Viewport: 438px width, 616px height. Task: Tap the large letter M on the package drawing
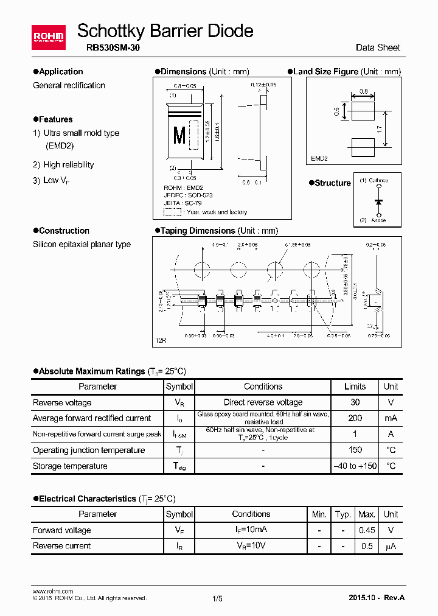click(x=179, y=135)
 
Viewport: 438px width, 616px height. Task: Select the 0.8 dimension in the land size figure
click(x=364, y=91)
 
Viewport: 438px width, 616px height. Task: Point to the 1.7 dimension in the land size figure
click(x=380, y=130)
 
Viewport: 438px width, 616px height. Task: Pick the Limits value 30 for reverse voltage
click(x=355, y=402)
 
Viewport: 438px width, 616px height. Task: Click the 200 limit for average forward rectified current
click(x=355, y=418)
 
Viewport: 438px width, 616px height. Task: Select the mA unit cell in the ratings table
click(x=391, y=418)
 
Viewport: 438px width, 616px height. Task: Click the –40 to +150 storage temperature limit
click(x=355, y=466)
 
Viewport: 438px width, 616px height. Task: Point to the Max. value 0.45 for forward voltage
click(x=367, y=530)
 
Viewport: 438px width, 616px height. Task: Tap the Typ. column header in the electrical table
click(x=343, y=514)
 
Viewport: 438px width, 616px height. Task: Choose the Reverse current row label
click(x=61, y=546)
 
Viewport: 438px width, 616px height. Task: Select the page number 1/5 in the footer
click(x=218, y=598)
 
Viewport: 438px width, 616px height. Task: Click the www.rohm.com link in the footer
click(x=52, y=591)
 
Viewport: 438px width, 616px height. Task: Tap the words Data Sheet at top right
click(x=378, y=48)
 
